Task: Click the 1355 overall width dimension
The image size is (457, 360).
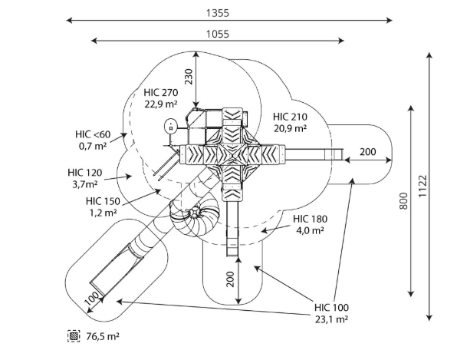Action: click(x=218, y=13)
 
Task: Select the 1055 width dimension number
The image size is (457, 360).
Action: click(x=218, y=34)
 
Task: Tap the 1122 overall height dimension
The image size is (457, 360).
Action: click(x=422, y=186)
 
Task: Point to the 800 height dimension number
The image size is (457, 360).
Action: click(x=403, y=200)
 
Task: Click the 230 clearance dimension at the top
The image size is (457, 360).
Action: click(x=189, y=77)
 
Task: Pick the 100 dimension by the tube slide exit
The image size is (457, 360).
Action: click(x=92, y=299)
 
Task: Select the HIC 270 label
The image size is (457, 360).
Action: click(x=160, y=93)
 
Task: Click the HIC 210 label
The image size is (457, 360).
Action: click(x=290, y=117)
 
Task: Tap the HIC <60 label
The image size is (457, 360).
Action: click(x=93, y=134)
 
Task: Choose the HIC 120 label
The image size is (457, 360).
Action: click(x=85, y=173)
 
